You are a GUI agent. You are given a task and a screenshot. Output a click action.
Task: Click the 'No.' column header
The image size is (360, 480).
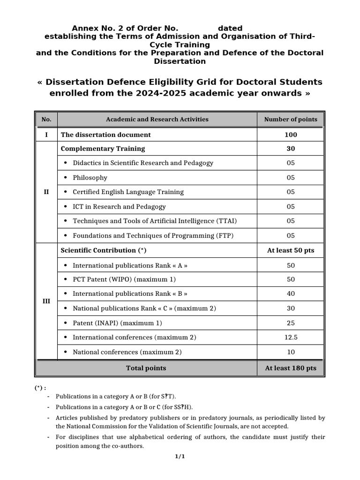click(x=46, y=120)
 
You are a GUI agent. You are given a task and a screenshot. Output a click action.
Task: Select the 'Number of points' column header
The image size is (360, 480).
click(x=291, y=120)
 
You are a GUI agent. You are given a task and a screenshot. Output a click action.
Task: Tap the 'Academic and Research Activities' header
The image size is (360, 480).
click(x=157, y=120)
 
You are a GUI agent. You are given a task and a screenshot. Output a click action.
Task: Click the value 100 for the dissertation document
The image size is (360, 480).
click(x=291, y=135)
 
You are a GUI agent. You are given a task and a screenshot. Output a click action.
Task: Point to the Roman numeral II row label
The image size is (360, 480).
click(x=46, y=192)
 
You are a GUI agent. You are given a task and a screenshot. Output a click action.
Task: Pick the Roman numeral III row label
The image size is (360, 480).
click(x=46, y=301)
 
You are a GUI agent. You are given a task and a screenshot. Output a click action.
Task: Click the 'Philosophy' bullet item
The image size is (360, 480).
click(x=90, y=178)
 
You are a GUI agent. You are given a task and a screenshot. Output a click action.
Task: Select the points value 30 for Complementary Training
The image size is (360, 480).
click(x=291, y=149)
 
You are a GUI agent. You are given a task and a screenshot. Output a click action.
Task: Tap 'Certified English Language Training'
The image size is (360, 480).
click(x=128, y=192)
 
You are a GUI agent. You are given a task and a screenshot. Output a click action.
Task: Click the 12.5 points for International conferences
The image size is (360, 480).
click(x=291, y=337)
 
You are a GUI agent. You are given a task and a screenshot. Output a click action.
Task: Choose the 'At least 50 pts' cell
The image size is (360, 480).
click(x=291, y=250)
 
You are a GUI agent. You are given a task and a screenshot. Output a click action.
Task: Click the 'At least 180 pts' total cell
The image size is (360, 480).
click(x=291, y=368)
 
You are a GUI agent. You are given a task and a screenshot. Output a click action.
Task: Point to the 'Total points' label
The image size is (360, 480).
click(x=146, y=368)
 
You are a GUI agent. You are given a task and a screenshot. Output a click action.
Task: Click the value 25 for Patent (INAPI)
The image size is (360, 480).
click(x=291, y=323)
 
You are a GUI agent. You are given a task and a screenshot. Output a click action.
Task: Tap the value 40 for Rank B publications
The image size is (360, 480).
click(x=291, y=294)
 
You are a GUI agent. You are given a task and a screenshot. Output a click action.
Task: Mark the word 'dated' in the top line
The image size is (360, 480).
click(x=227, y=29)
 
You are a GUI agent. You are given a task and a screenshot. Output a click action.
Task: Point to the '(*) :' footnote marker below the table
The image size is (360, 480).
click(x=40, y=388)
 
